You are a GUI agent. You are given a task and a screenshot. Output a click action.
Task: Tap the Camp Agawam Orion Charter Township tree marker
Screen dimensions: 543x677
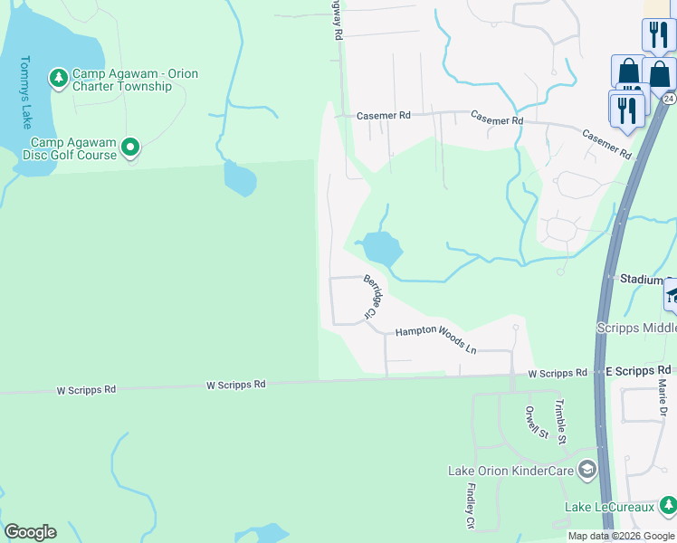(x=59, y=79)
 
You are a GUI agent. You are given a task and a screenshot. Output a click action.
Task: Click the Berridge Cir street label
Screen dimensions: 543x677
(x=373, y=297)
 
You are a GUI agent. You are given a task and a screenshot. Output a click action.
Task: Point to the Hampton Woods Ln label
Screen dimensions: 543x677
(x=434, y=338)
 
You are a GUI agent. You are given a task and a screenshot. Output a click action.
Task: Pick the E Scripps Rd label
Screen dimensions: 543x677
(x=638, y=370)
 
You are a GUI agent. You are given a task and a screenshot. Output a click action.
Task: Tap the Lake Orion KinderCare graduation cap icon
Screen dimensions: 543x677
(x=587, y=470)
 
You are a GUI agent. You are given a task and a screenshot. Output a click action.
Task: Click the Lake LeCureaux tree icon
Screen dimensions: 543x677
(x=668, y=505)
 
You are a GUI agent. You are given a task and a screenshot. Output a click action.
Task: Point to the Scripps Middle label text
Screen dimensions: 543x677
(x=636, y=328)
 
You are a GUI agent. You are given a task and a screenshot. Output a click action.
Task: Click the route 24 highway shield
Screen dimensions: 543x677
(x=668, y=98)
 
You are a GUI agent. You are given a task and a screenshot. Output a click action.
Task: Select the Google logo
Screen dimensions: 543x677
(x=30, y=532)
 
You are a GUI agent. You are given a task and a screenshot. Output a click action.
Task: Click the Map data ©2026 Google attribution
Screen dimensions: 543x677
(x=622, y=536)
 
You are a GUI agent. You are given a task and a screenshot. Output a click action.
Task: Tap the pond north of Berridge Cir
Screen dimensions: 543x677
(x=380, y=246)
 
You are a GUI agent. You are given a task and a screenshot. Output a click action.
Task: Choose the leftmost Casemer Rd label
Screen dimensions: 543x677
(x=384, y=116)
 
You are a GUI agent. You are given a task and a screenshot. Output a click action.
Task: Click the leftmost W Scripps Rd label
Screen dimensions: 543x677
(x=86, y=390)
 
